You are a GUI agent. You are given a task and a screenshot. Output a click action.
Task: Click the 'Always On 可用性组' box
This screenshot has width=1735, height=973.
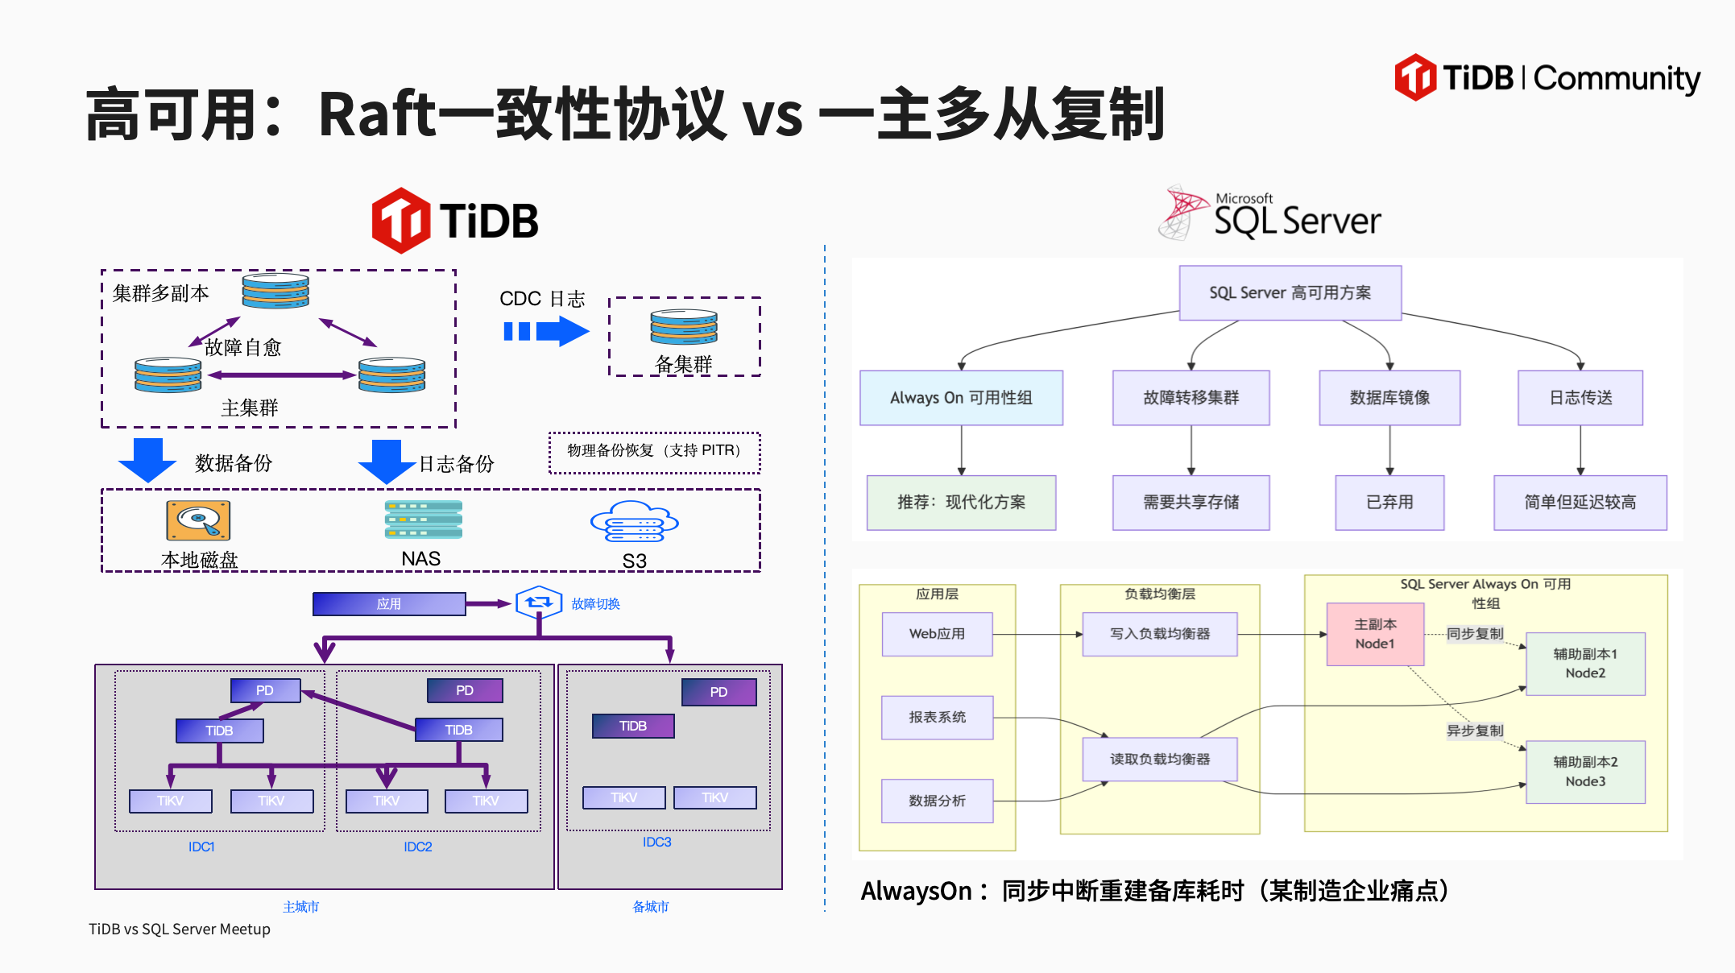(961, 398)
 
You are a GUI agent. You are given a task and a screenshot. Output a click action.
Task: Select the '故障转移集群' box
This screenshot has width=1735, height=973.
(1190, 398)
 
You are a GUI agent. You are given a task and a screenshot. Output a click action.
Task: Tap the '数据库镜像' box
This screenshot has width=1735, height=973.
(1389, 398)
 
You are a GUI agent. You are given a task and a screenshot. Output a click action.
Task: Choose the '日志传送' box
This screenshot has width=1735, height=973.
(1580, 398)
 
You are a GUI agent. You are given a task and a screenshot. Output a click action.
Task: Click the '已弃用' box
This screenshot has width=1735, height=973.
(1389, 503)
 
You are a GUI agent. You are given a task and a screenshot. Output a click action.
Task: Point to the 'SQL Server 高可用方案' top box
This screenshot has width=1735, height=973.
(1290, 293)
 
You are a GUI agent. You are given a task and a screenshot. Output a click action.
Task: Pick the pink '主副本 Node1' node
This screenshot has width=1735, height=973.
(1375, 634)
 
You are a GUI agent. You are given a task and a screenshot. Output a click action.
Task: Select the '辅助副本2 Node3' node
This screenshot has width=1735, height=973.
(1585, 772)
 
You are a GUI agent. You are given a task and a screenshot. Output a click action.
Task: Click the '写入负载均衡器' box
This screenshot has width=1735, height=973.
(1160, 634)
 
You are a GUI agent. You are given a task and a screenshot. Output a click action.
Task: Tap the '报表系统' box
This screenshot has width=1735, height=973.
(937, 717)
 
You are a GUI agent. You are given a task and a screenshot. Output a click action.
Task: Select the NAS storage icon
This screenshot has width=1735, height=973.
(423, 520)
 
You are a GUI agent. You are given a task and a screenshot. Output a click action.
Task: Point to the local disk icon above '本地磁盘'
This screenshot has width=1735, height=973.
(198, 520)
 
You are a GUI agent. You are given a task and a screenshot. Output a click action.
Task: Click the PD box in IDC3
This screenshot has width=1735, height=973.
(718, 692)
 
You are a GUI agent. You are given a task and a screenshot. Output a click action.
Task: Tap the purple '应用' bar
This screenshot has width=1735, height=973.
(389, 604)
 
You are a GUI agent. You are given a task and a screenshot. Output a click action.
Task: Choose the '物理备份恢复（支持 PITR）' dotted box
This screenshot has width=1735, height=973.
(654, 451)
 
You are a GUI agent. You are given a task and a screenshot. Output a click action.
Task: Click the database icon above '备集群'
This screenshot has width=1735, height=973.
(684, 327)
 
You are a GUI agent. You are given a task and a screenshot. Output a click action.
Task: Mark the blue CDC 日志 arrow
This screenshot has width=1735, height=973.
(546, 331)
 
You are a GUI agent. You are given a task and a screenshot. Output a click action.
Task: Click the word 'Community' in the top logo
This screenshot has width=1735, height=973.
(1616, 79)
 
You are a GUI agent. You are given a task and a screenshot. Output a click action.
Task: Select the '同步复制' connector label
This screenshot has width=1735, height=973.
(1474, 634)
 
